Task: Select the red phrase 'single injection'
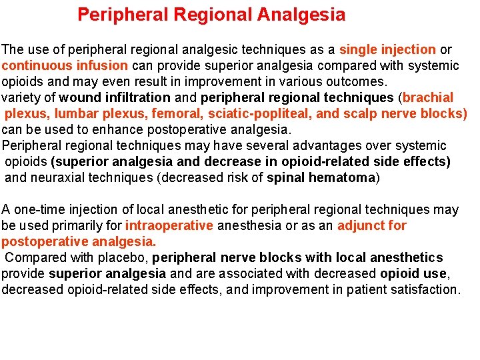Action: [387, 50]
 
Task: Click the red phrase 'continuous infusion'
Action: [65, 66]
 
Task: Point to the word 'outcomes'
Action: [359, 82]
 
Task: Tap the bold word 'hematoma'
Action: [344, 178]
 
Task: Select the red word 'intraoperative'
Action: [169, 226]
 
